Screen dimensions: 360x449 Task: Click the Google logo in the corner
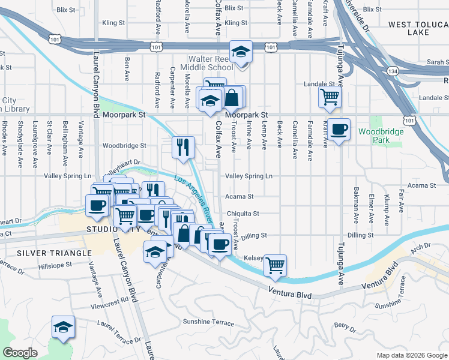coord(20,352)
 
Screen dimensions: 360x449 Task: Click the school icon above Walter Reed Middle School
coord(241,52)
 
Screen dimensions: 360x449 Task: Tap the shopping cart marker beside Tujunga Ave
coord(330,97)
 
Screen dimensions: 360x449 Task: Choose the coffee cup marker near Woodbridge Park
coord(339,130)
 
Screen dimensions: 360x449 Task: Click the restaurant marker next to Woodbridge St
coord(184,147)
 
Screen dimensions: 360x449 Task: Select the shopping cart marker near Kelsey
coord(275,265)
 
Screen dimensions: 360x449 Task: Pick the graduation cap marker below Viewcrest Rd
coord(63,327)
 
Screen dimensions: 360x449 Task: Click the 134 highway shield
coord(393,71)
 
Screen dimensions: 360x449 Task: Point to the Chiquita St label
coord(243,214)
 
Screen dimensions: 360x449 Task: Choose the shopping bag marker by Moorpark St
coord(232,97)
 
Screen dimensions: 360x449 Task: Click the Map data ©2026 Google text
coord(411,355)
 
